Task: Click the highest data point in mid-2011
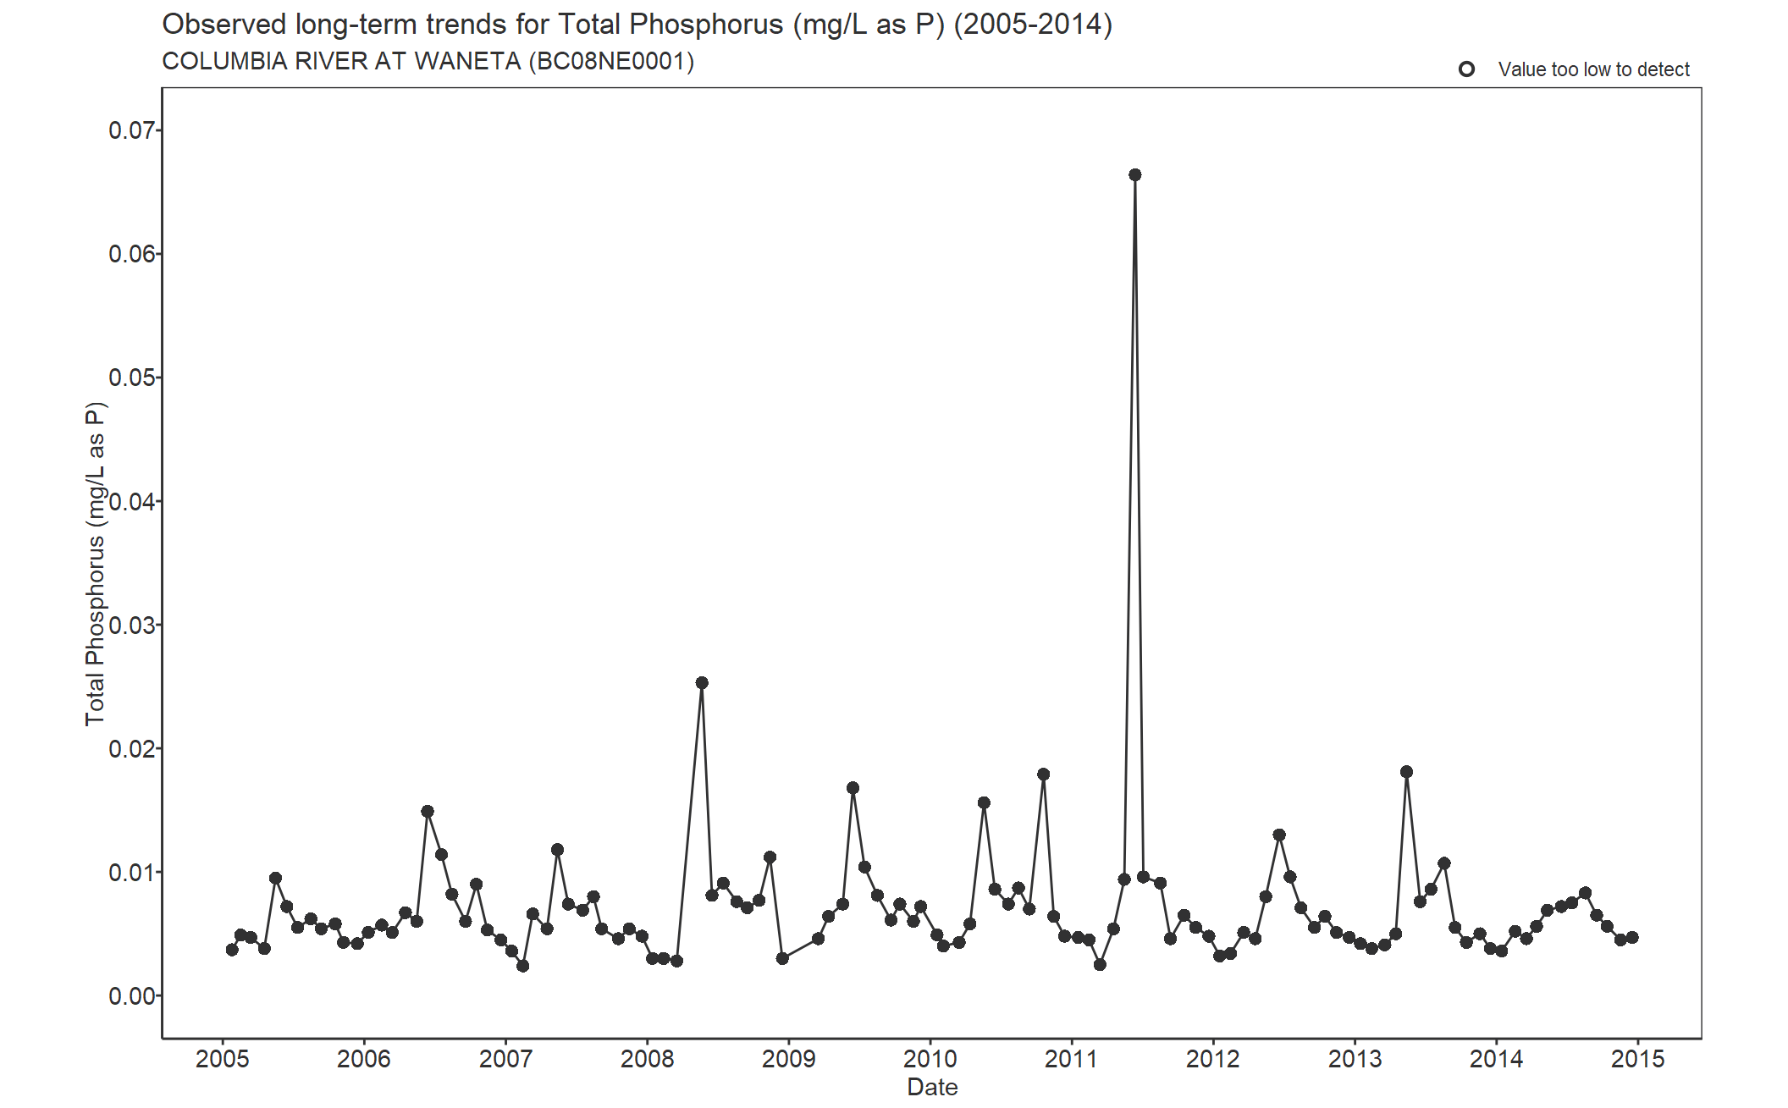click(x=1134, y=175)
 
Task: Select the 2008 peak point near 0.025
click(x=702, y=683)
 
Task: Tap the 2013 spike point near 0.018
click(x=1406, y=772)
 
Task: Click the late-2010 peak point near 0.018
click(x=1043, y=774)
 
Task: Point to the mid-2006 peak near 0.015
click(x=428, y=812)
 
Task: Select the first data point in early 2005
click(x=232, y=950)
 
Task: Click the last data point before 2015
click(x=1632, y=938)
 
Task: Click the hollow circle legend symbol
click(x=1466, y=69)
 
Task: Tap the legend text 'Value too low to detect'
click(x=1593, y=69)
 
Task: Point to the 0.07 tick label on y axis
click(x=132, y=130)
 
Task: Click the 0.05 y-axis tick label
click(x=132, y=378)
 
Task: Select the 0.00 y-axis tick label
click(x=132, y=996)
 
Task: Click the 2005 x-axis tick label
click(x=223, y=1059)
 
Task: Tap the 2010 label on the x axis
click(x=930, y=1059)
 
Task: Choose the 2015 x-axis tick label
click(x=1637, y=1059)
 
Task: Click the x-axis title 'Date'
click(x=932, y=1087)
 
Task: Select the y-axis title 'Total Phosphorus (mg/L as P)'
click(x=95, y=564)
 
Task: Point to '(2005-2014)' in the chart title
click(x=1033, y=25)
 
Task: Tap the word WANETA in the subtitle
click(x=467, y=62)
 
